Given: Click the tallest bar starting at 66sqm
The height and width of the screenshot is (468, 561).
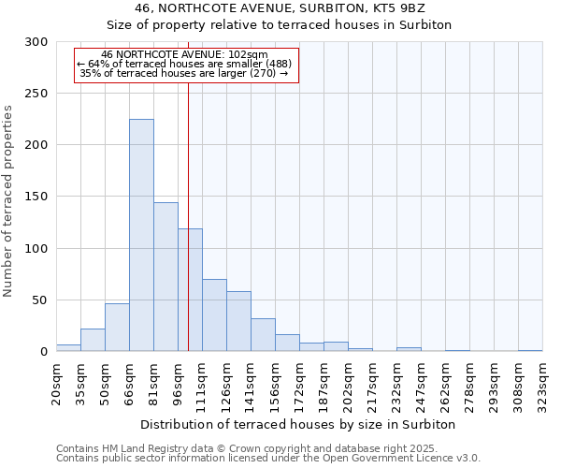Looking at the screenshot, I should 141,235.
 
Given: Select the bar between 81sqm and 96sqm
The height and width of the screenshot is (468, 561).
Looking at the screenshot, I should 165,277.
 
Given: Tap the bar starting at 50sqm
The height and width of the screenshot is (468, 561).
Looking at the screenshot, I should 117,328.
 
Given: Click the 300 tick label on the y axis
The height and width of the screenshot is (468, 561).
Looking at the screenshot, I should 36,42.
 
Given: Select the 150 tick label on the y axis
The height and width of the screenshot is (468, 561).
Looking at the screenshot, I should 36,197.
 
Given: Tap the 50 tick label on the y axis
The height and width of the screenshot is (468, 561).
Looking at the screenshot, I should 39,300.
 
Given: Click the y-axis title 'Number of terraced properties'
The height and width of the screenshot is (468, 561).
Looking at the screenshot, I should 8,201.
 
